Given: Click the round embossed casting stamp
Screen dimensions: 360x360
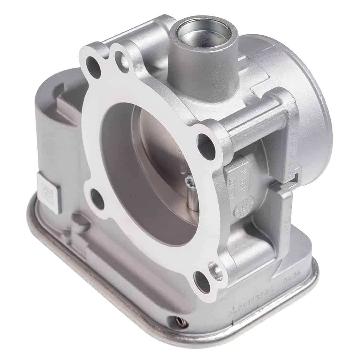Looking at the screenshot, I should tap(242, 207).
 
